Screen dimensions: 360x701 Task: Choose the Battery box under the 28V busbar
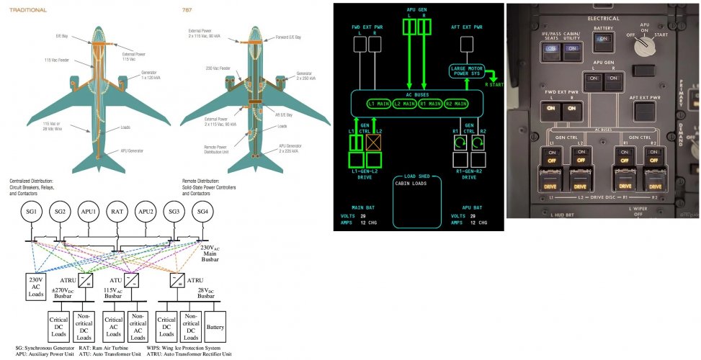pyautogui.click(x=216, y=326)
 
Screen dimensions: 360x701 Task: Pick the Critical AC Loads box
pyautogui.click(x=114, y=326)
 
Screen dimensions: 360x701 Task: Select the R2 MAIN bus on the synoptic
pyautogui.click(x=460, y=104)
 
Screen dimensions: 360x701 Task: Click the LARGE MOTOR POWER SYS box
pyautogui.click(x=465, y=71)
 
